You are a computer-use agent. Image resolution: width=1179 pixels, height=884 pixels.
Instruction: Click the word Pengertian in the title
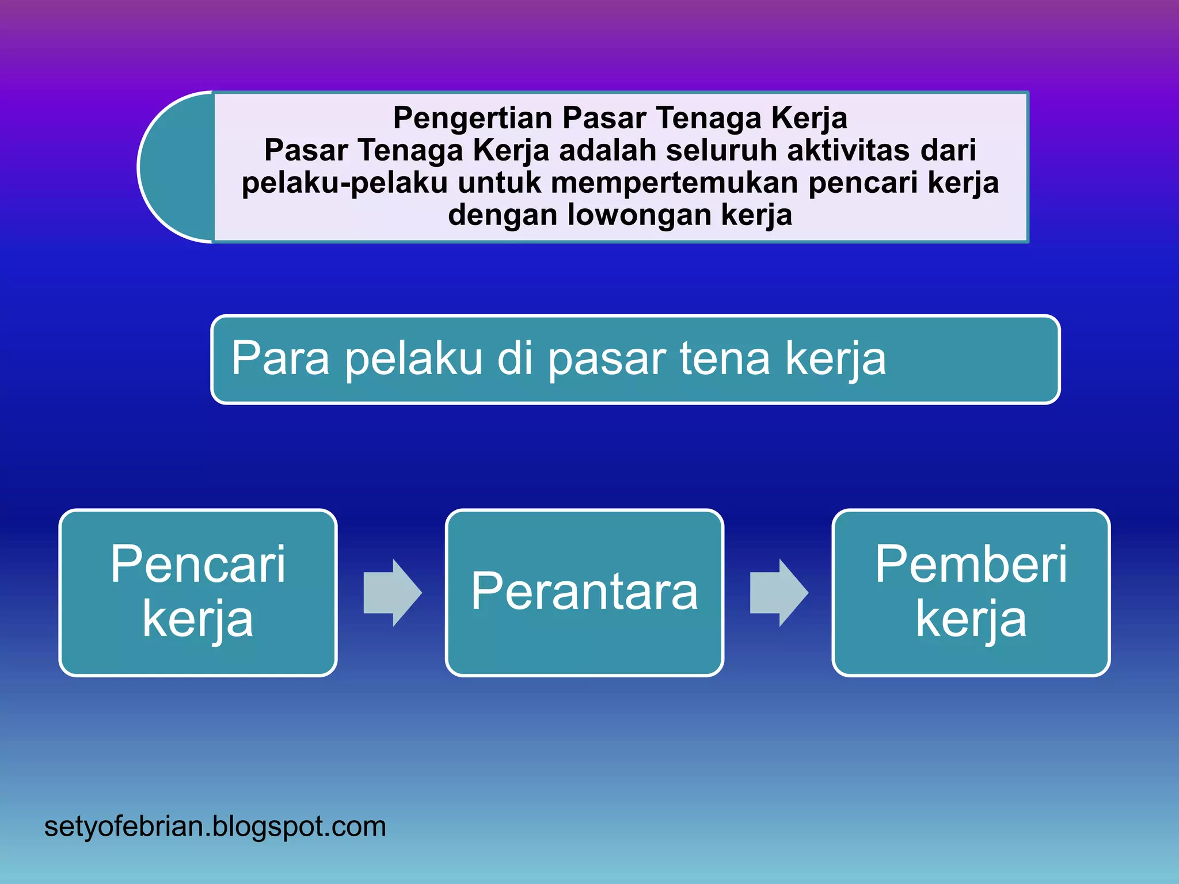[472, 119]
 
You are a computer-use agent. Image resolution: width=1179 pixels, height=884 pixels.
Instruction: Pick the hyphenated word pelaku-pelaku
[344, 183]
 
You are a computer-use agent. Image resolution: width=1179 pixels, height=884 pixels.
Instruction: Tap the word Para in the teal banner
[280, 359]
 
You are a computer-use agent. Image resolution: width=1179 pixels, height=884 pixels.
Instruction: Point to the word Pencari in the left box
[198, 565]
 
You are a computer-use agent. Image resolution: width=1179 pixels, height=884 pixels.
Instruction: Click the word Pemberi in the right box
[971, 565]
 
